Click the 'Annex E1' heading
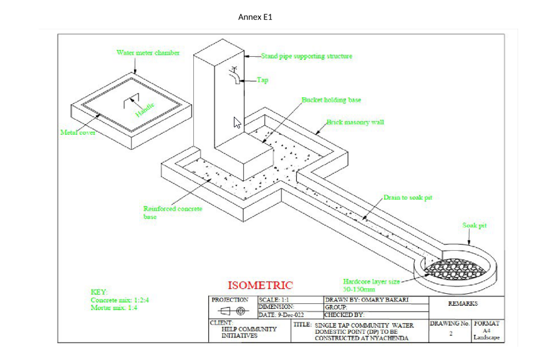[x=255, y=17]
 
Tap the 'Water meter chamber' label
[x=148, y=52]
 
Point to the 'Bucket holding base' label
[x=331, y=100]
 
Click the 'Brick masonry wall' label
[x=355, y=122]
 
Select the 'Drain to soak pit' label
[x=407, y=197]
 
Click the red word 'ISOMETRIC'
[x=260, y=286]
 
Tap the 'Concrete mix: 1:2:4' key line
[x=120, y=300]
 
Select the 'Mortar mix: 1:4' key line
[x=113, y=308]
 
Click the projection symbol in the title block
[x=232, y=311]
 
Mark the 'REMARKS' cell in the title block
[x=463, y=304]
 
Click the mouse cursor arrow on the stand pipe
[x=237, y=122]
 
